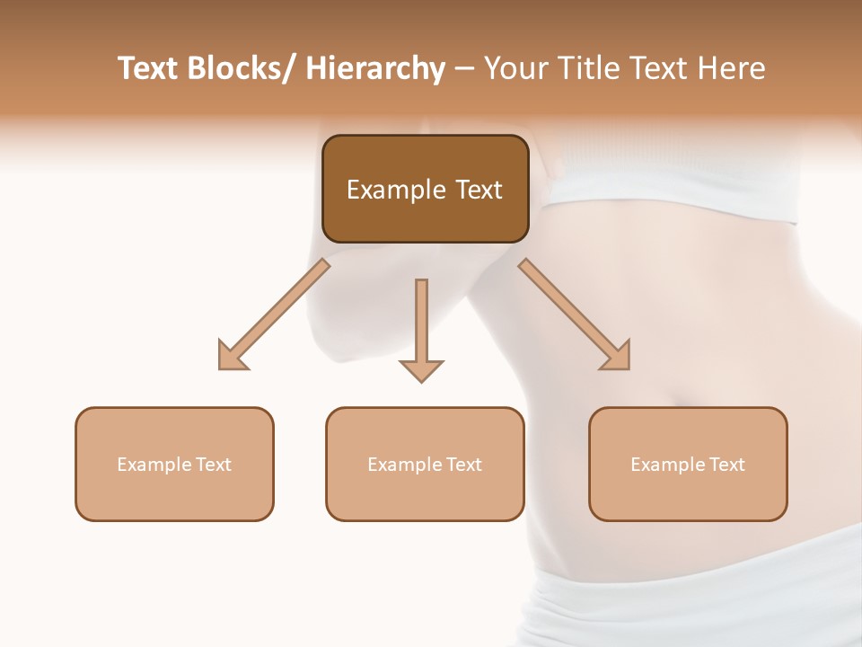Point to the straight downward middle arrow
click(421, 328)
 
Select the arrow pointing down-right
click(576, 315)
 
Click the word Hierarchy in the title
click(375, 69)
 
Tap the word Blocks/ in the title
click(242, 69)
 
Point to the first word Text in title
click(149, 69)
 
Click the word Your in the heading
click(514, 69)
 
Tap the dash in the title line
click(463, 69)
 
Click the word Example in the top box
click(396, 190)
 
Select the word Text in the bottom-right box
click(726, 465)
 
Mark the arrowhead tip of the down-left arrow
click(221, 368)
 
